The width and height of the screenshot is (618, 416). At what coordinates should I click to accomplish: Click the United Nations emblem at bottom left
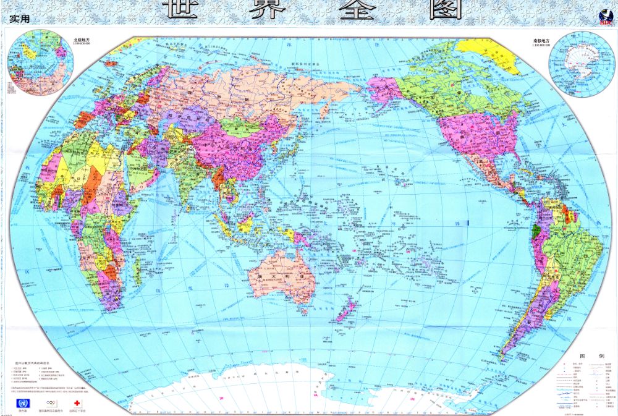(x=23, y=403)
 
